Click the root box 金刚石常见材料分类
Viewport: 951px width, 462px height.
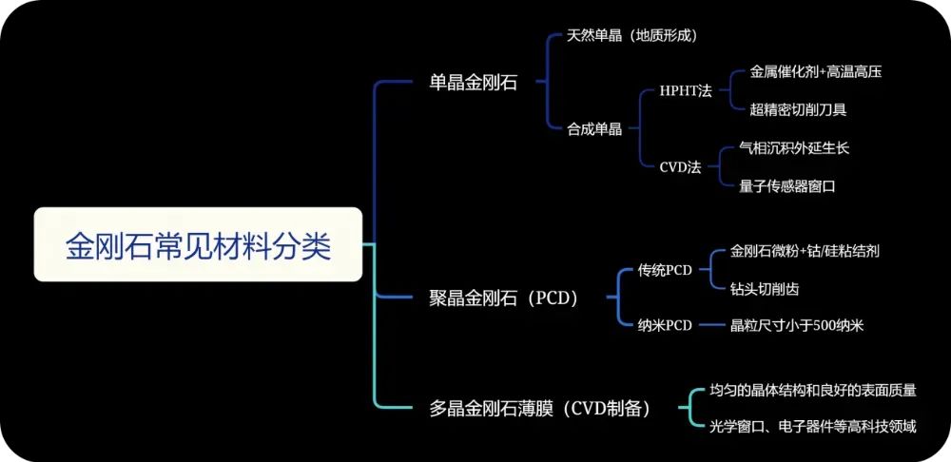pos(199,244)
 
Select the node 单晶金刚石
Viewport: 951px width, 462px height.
pos(473,83)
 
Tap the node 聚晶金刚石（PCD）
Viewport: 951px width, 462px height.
pos(505,298)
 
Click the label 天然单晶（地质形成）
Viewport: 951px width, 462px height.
pos(632,36)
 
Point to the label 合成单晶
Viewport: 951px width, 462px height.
pos(594,129)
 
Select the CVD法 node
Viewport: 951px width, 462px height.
pos(680,167)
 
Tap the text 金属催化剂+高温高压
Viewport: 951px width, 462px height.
pos(816,71)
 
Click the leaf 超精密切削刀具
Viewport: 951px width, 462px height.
pos(798,109)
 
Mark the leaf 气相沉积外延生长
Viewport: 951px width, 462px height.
pos(794,148)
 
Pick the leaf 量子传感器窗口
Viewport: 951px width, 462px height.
pos(787,186)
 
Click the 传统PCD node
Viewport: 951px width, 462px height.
pos(665,270)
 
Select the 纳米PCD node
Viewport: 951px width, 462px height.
pos(665,325)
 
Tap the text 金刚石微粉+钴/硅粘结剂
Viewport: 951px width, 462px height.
pos(805,252)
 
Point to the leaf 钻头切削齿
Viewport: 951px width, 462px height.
pos(765,290)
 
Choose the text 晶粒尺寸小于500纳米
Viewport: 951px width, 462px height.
pos(797,325)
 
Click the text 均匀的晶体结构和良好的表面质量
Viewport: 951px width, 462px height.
pos(813,391)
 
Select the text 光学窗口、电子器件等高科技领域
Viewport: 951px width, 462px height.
pos(813,428)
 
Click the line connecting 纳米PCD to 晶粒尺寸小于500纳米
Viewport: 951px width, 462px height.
pos(711,326)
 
